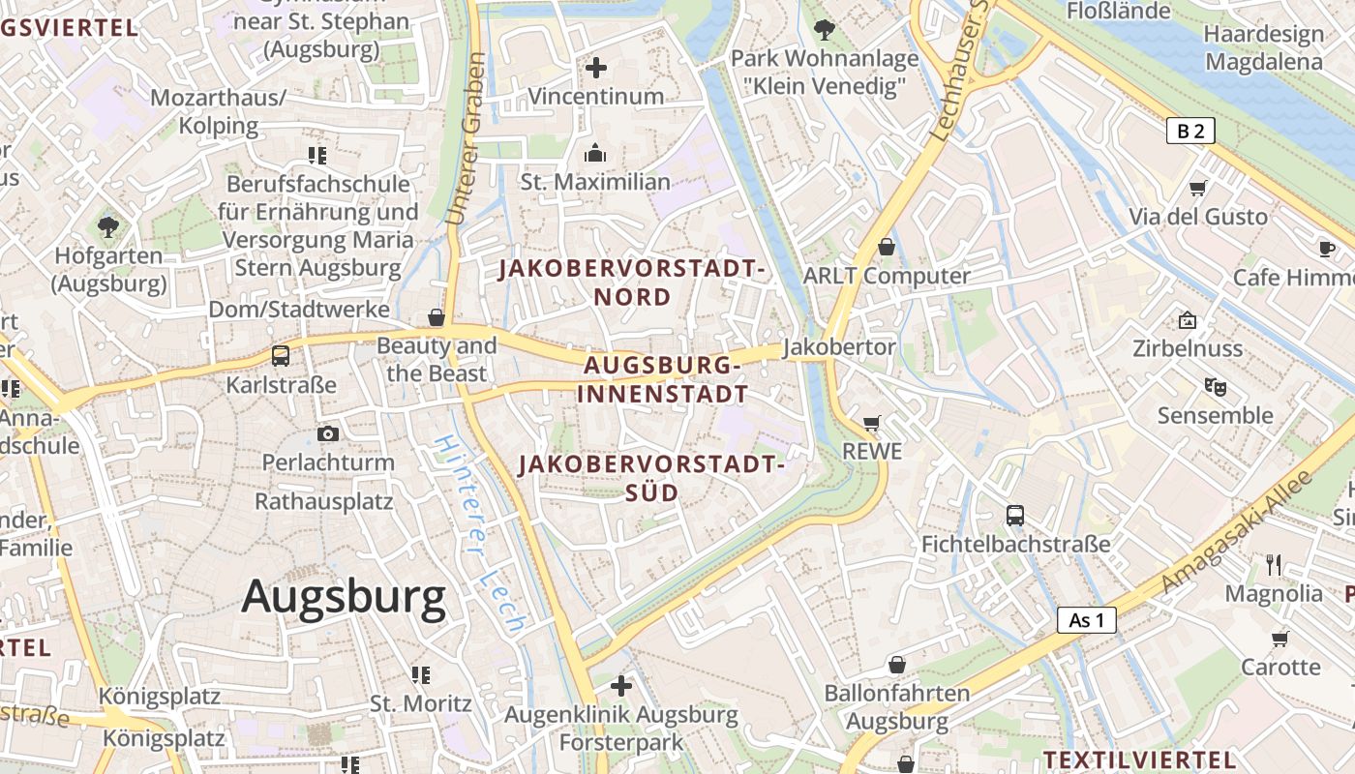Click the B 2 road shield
1189,131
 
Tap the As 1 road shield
1086,620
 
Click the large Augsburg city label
344,596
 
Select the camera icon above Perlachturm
328,434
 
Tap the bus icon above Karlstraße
281,356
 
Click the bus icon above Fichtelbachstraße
1014,516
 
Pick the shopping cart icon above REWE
871,423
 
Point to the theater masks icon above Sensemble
1216,387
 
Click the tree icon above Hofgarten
108,227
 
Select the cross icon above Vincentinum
596,68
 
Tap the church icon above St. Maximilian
594,153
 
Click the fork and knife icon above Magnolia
1274,564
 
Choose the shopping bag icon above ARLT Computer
886,247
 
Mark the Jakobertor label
840,346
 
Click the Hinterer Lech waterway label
479,534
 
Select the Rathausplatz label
323,501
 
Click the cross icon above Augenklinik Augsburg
621,686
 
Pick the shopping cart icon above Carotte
1280,639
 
